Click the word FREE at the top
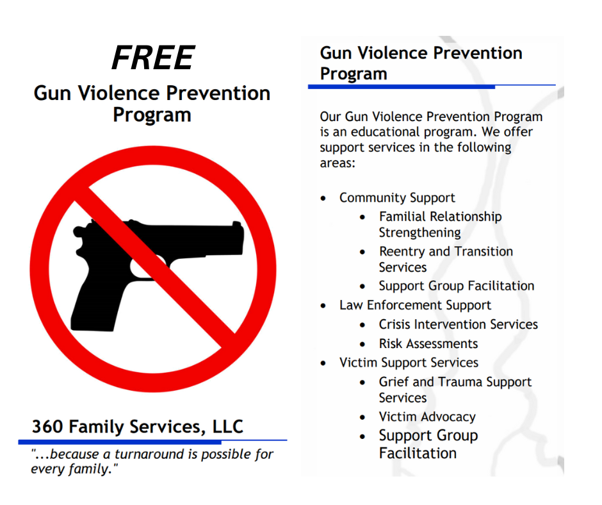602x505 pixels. [x=152, y=58]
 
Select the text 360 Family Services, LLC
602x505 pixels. [x=138, y=426]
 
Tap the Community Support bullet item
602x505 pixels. [x=397, y=198]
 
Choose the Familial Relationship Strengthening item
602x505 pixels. [x=440, y=224]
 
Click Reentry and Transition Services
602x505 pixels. [x=445, y=259]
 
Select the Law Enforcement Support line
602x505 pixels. [x=415, y=305]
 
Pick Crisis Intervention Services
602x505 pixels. [x=458, y=324]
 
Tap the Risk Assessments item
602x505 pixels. [x=428, y=344]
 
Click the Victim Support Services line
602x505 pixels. [x=409, y=363]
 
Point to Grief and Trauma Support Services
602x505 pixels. [x=455, y=389]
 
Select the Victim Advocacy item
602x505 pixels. [x=427, y=417]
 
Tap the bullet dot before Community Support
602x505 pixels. [x=323, y=198]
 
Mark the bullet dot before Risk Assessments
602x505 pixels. [x=363, y=344]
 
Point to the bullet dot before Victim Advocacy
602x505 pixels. [x=363, y=417]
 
